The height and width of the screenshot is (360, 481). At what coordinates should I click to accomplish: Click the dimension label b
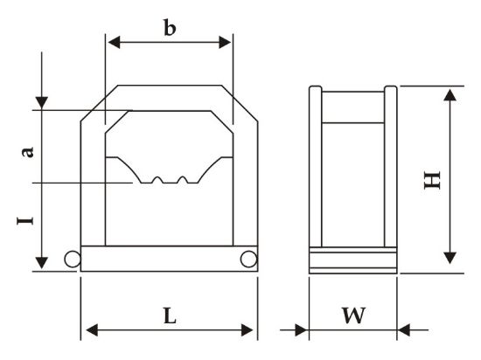170,28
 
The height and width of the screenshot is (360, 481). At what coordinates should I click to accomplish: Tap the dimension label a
27,152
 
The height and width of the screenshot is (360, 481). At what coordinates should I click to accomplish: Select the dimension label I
24,220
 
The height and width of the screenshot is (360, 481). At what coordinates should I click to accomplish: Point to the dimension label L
170,316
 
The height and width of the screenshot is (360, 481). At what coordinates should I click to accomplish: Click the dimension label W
353,315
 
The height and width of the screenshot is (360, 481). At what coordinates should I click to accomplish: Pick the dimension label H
432,180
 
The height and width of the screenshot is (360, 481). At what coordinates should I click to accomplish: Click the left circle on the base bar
73,259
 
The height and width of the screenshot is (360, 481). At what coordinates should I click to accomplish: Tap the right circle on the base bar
248,259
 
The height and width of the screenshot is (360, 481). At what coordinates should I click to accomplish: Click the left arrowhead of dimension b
114,42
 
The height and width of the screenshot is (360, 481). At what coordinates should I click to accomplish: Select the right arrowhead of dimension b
225,42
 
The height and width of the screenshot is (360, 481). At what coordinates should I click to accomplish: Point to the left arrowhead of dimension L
92,330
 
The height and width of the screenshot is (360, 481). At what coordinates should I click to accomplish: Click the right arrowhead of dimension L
247,330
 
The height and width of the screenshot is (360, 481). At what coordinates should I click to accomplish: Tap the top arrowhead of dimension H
450,95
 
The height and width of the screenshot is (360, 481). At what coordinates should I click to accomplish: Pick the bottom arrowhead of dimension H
450,258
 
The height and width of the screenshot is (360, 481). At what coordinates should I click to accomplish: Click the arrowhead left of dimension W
301,330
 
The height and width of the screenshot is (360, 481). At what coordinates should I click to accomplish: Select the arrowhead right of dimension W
404,330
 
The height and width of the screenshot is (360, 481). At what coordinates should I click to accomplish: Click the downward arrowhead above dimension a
42,102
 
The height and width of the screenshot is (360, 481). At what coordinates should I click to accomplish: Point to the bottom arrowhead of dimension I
42,263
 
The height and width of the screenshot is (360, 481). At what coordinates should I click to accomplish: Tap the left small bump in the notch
157,180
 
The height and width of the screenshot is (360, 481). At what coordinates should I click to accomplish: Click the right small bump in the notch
183,180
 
